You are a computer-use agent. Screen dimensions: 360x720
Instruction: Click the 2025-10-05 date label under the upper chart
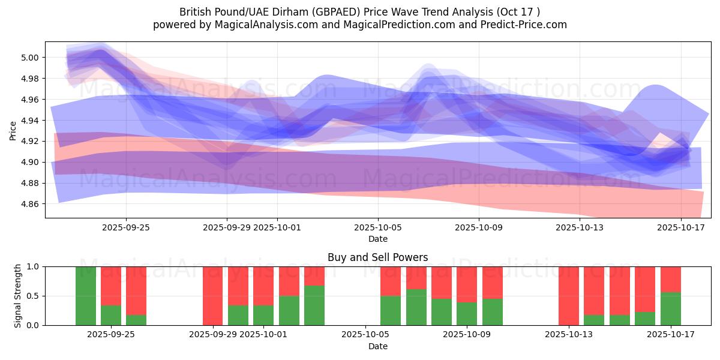[378, 227]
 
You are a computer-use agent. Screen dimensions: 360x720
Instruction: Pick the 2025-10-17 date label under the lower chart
[671, 335]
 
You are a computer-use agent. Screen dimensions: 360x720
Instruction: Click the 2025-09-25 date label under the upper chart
[126, 227]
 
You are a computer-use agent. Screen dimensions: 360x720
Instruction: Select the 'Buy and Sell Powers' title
[378, 257]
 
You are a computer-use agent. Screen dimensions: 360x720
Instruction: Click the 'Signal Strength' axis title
[18, 296]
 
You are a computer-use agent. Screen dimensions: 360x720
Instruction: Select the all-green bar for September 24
[86, 296]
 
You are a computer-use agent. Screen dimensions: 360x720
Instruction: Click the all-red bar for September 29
[212, 296]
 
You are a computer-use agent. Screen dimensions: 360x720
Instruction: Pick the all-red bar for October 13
[569, 296]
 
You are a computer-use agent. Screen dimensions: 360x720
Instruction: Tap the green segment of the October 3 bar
[314, 305]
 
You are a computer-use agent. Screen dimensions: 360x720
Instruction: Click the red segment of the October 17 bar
[671, 279]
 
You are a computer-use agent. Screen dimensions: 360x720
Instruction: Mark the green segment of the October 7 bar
[416, 307]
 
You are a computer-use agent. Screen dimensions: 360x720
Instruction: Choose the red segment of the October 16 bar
[645, 289]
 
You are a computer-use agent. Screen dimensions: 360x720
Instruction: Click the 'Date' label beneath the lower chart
[378, 346]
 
